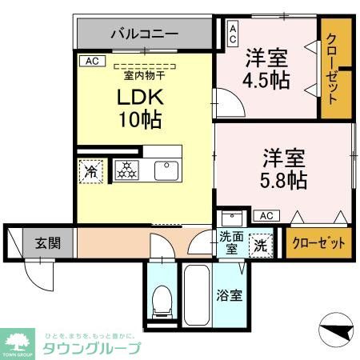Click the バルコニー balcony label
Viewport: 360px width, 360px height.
144,34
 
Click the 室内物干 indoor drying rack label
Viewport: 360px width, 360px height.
144,76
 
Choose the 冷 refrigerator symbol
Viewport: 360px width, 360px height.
91,170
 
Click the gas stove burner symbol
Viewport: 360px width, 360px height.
126,170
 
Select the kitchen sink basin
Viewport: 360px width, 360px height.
166,170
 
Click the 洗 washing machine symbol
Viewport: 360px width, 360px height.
261,245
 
